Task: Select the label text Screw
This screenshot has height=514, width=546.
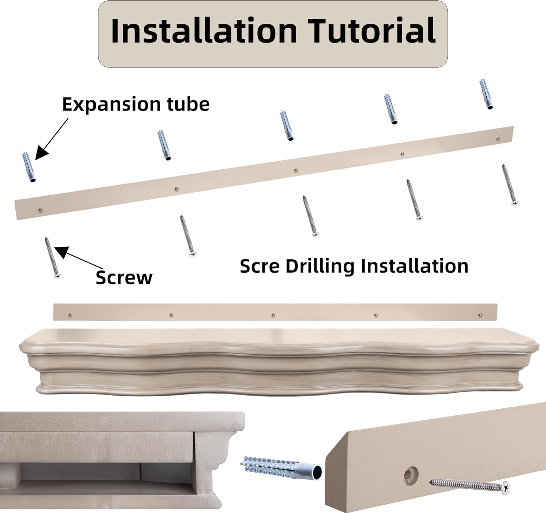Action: point(124,277)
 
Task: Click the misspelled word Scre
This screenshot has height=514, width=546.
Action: point(260,266)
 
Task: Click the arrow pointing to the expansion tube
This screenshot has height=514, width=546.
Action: point(51,139)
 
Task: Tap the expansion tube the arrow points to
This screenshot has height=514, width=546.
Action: point(29,167)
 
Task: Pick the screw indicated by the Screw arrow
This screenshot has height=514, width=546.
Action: point(53,258)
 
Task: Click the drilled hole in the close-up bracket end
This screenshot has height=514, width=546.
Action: point(411,475)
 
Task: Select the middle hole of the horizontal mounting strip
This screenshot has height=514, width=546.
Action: point(273,315)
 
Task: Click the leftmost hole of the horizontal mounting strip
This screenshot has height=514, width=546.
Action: point(70,315)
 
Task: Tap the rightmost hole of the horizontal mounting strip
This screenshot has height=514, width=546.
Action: point(480,315)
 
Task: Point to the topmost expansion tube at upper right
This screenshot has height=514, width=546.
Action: point(486,94)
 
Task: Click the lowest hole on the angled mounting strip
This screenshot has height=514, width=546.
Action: point(40,211)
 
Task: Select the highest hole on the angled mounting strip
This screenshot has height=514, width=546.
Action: point(498,139)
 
